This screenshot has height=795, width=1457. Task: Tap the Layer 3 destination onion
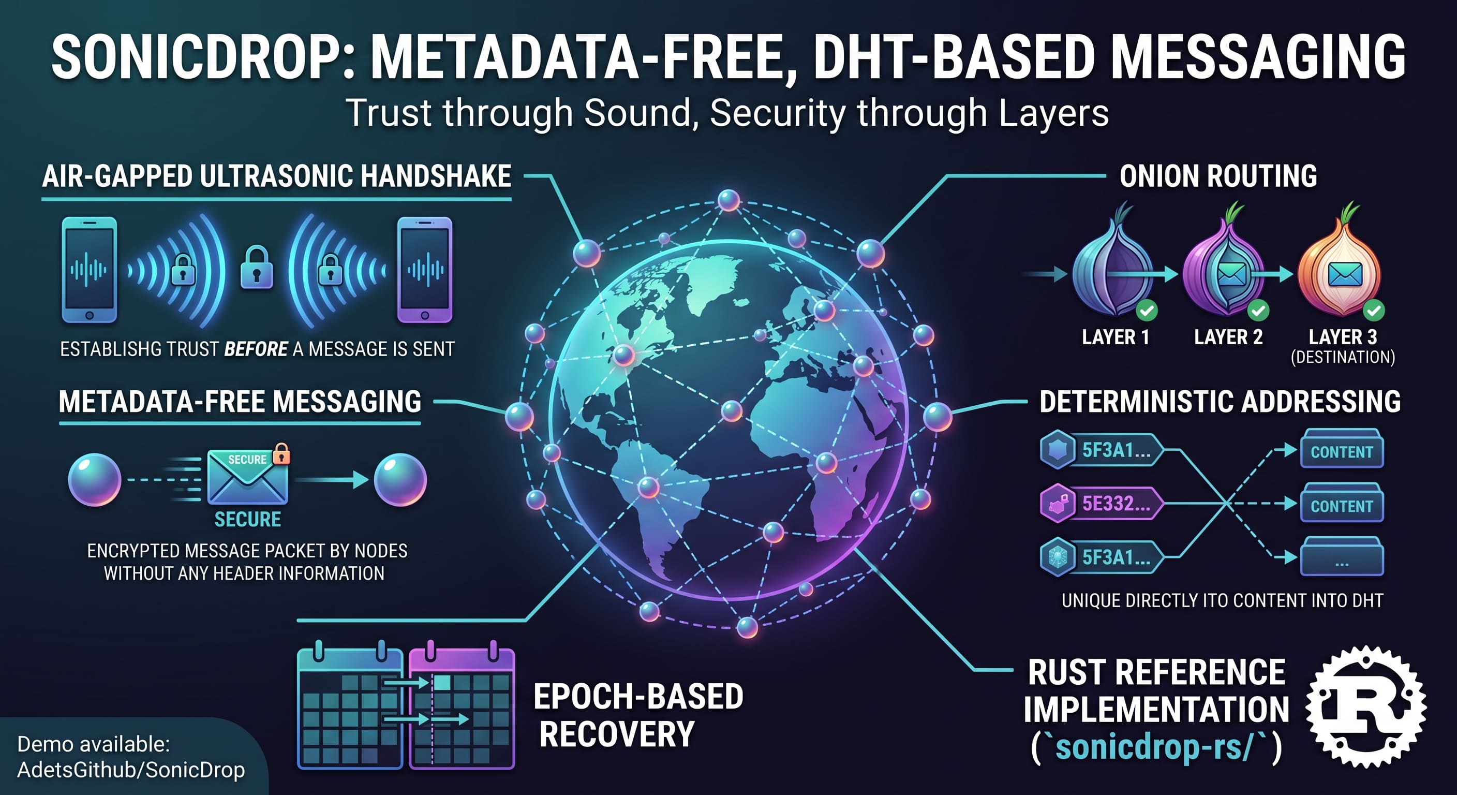pos(1340,266)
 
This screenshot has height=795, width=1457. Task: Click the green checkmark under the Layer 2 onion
pos(1258,310)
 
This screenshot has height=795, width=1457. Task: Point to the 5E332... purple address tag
pos(1102,503)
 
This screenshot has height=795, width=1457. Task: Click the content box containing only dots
pos(1342,557)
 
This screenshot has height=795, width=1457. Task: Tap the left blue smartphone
pos(90,270)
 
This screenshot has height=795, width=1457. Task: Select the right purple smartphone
pos(425,270)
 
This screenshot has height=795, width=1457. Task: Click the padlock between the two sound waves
pos(257,267)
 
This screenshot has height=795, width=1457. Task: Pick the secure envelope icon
pos(248,477)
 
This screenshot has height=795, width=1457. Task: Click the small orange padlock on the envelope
pos(281,454)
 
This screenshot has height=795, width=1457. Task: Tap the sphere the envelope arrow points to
pos(400,480)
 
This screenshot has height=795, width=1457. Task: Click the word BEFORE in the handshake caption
pos(256,349)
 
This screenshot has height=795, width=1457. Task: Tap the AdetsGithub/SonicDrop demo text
pos(131,770)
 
